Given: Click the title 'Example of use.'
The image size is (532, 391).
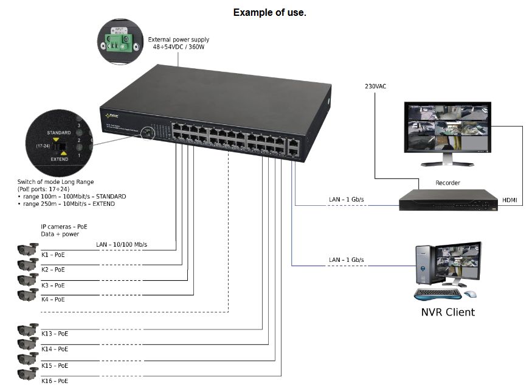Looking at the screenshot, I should (x=269, y=12).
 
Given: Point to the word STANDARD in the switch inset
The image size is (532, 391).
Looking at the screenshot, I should (x=59, y=132).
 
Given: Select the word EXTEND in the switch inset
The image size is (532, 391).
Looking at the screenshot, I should (x=59, y=158).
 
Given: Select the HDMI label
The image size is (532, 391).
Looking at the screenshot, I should (x=510, y=200).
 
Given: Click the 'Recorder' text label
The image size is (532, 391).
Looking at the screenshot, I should (x=447, y=183).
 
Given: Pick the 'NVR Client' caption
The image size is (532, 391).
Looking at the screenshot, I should (x=447, y=312).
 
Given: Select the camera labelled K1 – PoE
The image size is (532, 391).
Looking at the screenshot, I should (x=27, y=248).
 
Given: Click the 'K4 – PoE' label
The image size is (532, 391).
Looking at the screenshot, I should (x=53, y=300).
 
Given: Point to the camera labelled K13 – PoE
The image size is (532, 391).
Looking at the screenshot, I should (x=27, y=329).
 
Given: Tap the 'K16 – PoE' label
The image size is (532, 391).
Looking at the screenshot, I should (x=55, y=381).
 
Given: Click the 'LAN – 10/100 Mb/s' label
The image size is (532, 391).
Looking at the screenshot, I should (x=122, y=245).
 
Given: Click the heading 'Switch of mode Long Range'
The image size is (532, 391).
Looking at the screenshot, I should (x=55, y=182).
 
